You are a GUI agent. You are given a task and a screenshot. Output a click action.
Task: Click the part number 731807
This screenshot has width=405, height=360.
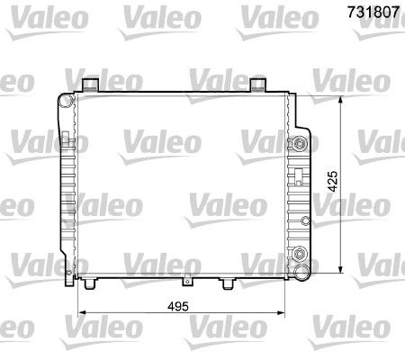369,13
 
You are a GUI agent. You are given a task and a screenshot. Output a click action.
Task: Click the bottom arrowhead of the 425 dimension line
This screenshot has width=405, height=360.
342,271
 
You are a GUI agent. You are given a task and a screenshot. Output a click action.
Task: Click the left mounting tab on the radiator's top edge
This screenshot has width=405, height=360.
89,85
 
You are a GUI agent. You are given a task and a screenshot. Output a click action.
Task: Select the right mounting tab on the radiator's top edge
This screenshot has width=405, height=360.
258,85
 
